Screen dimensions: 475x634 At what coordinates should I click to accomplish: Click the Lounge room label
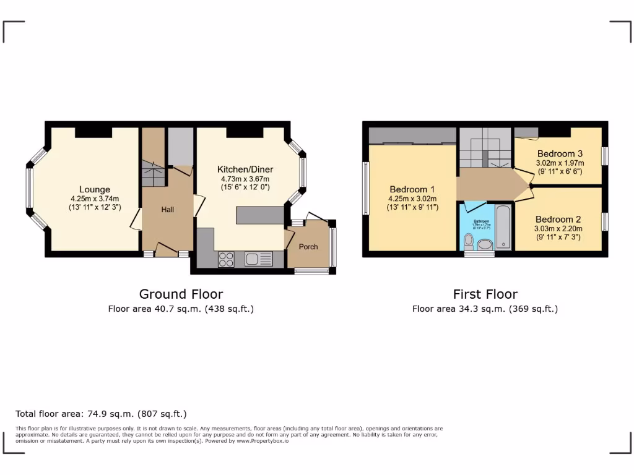pos(94,189)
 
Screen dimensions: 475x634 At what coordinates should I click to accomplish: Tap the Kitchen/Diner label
pos(245,169)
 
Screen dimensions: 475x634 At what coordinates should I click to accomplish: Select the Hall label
pos(167,210)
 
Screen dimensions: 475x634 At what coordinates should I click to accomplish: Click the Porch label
pos(308,247)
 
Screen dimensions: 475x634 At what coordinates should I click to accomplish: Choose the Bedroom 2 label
pos(558,219)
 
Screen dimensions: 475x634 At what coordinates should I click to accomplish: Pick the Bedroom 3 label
pos(560,153)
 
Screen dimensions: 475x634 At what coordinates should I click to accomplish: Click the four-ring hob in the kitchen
pos(226,259)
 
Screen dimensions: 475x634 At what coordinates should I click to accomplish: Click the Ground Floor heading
pos(181,294)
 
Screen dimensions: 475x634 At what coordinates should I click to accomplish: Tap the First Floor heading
pos(485,294)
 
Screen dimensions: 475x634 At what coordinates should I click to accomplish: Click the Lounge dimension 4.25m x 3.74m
pos(94,199)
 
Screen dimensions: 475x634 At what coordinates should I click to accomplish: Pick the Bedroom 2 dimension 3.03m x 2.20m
pos(558,228)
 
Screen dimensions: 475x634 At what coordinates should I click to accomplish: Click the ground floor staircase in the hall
pos(153,173)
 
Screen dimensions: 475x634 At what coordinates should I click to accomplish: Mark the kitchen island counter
pos(259,215)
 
